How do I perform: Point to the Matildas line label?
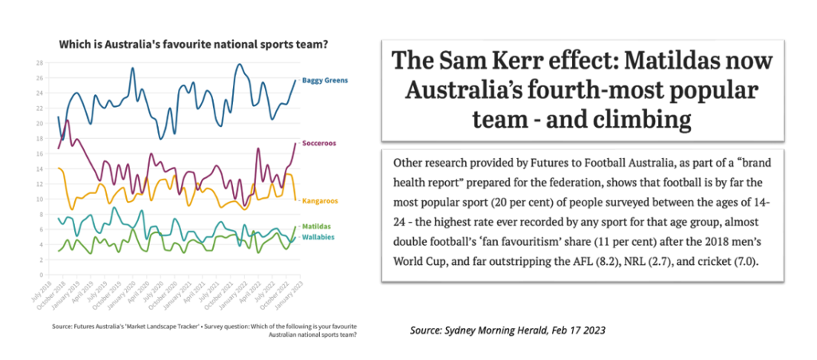click(x=316, y=227)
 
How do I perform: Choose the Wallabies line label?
click(x=318, y=238)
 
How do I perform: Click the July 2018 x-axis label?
click(x=46, y=295)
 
